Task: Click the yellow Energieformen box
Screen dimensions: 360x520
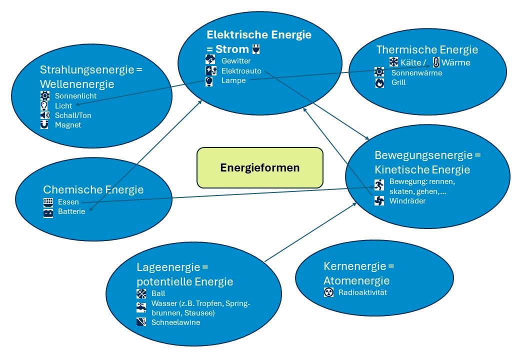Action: click(x=260, y=167)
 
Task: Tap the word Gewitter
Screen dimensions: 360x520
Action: click(x=236, y=61)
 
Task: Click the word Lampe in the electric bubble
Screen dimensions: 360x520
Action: click(x=233, y=80)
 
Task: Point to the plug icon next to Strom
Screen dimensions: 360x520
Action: click(x=256, y=49)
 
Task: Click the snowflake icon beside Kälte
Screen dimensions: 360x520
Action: click(x=394, y=62)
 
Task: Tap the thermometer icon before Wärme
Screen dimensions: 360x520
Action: click(x=436, y=62)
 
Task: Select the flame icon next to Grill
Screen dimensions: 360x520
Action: click(x=380, y=82)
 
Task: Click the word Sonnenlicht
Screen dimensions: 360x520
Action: click(x=76, y=96)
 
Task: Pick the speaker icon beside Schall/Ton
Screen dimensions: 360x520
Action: click(x=45, y=115)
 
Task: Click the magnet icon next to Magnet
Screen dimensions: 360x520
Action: click(x=45, y=125)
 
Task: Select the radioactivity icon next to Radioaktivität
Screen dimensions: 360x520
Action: click(x=328, y=293)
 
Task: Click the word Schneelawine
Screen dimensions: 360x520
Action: click(x=175, y=322)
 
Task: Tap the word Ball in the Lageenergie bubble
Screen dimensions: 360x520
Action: click(x=158, y=293)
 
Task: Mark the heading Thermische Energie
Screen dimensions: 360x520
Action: click(x=427, y=49)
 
